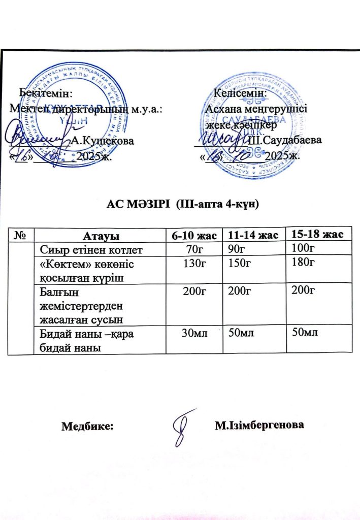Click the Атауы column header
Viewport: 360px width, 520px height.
pos(101,236)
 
